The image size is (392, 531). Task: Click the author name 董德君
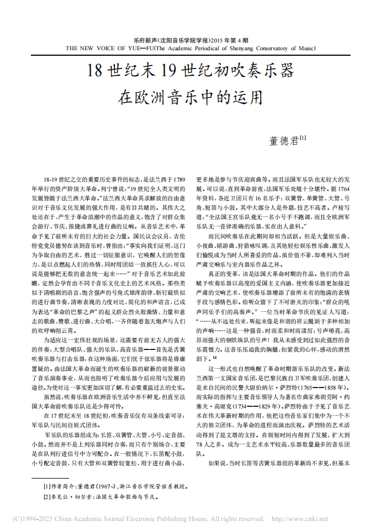pyautogui.click(x=283, y=141)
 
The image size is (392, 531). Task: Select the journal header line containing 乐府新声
pyautogui.click(x=190, y=41)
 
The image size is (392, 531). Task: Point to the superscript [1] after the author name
pyautogui.click(x=303, y=138)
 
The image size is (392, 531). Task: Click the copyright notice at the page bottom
pyautogui.click(x=138, y=519)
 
